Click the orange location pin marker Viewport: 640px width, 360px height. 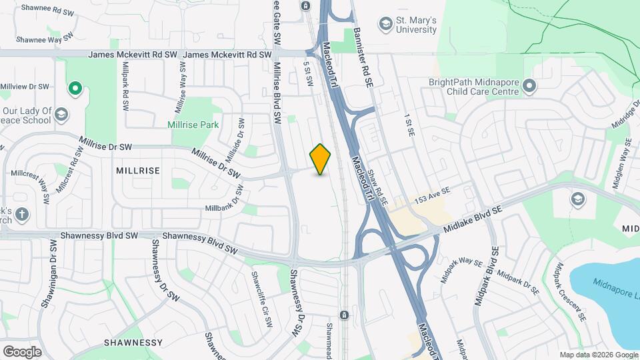(321, 159)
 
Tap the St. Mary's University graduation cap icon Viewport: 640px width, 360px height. (385, 25)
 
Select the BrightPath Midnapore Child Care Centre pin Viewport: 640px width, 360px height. (529, 86)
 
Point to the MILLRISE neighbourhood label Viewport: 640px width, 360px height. (138, 171)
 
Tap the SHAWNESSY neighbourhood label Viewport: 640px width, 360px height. (133, 342)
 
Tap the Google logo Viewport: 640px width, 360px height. (22, 351)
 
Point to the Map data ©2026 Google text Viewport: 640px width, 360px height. (598, 355)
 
